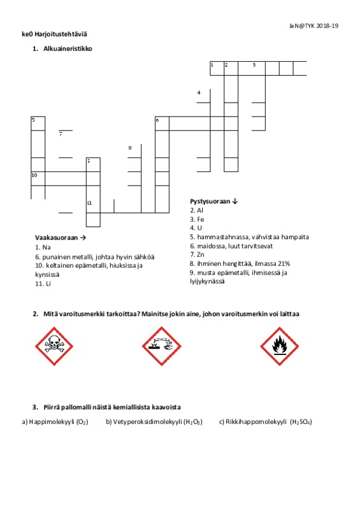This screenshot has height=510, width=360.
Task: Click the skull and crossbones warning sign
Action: pyautogui.click(x=54, y=346)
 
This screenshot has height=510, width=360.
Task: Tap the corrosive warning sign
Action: pyautogui.click(x=162, y=346)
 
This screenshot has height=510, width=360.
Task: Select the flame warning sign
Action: pyautogui.click(x=280, y=346)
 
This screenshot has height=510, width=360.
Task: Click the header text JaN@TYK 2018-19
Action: pyautogui.click(x=314, y=26)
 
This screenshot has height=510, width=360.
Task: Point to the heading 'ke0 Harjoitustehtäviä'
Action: pyautogui.click(x=54, y=34)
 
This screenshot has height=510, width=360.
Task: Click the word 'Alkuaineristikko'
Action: pyautogui.click(x=68, y=49)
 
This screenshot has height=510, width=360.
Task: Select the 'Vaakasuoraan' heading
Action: pyautogui.click(x=57, y=238)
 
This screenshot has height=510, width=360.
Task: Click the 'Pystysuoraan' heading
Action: pyautogui.click(x=210, y=201)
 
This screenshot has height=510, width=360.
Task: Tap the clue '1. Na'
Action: pyautogui.click(x=43, y=247)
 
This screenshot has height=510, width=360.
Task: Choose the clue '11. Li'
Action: pyautogui.click(x=43, y=284)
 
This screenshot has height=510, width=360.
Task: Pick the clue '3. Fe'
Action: pyautogui.click(x=197, y=219)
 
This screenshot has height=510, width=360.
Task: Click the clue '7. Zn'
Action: pyautogui.click(x=197, y=254)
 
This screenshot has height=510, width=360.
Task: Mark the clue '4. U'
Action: pyautogui.click(x=196, y=228)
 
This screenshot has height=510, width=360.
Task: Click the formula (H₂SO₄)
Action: pyautogui.click(x=301, y=422)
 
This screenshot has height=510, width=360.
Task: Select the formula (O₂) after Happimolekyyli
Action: pyautogui.click(x=82, y=422)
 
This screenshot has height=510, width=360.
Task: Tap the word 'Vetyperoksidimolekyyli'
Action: pyautogui.click(x=147, y=422)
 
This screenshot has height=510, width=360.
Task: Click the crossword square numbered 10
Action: pyautogui.click(x=38, y=178)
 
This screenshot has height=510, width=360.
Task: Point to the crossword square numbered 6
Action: pyautogui.click(x=162, y=124)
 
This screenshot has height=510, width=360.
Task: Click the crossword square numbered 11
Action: pyautogui.click(x=93, y=206)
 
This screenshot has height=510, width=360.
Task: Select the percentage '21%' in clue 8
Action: pyautogui.click(x=284, y=264)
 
